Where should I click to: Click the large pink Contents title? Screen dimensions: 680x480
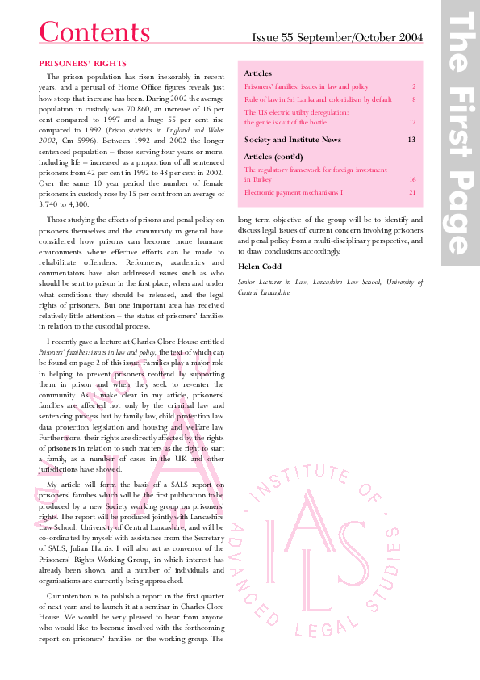click(x=94, y=32)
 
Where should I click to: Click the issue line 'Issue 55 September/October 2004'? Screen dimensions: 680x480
click(x=337, y=37)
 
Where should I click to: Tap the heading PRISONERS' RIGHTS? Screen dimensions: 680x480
click(x=82, y=63)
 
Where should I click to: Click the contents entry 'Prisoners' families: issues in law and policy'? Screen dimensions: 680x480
click(x=306, y=86)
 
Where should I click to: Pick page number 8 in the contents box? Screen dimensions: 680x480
click(x=413, y=99)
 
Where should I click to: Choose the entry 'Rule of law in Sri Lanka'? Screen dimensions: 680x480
click(x=318, y=99)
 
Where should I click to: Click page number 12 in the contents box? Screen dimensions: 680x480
click(x=411, y=122)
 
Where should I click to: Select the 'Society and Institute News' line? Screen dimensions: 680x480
click(x=292, y=140)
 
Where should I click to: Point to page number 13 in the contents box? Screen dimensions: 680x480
click(x=411, y=140)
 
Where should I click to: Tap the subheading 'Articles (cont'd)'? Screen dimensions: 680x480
click(x=273, y=156)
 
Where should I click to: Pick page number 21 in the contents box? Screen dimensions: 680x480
click(x=411, y=192)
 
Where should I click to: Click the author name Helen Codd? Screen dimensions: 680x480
click(x=260, y=266)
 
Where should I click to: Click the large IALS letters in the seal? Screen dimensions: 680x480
click(x=332, y=541)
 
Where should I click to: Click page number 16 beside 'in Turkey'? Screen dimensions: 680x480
click(x=411, y=180)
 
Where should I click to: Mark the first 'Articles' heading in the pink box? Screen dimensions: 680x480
click(x=257, y=73)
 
